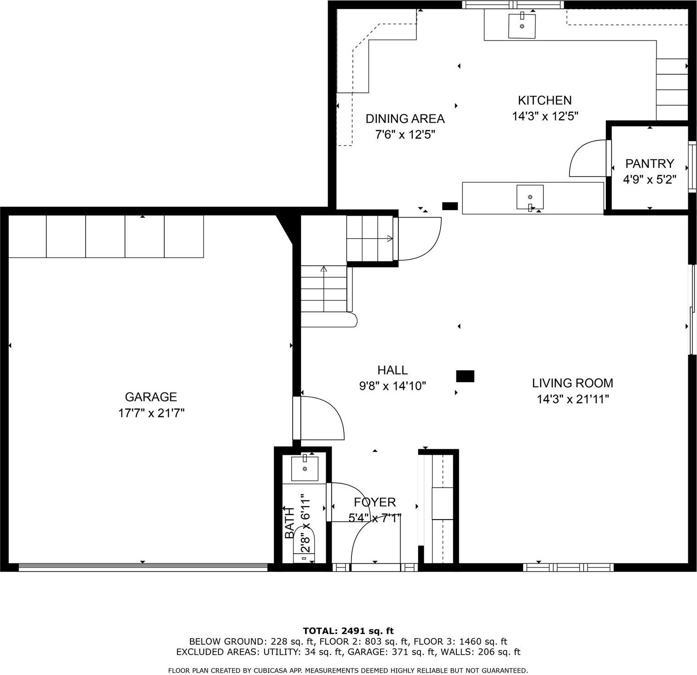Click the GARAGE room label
pyautogui.click(x=151, y=397)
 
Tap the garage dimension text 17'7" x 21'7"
pyautogui.click(x=151, y=413)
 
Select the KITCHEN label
pyautogui.click(x=545, y=100)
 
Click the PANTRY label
pyautogui.click(x=649, y=164)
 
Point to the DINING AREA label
pyautogui.click(x=405, y=119)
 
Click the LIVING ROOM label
pyautogui.click(x=572, y=383)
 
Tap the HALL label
pyautogui.click(x=392, y=370)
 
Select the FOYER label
pyautogui.click(x=374, y=502)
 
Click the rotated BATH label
pyautogui.click(x=289, y=523)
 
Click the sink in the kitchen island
pyautogui.click(x=530, y=197)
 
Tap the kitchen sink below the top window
pyautogui.click(x=522, y=26)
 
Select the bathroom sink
pyautogui.click(x=305, y=469)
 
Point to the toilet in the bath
pyautogui.click(x=304, y=545)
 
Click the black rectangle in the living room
pyautogui.click(x=465, y=376)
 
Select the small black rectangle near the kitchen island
pyautogui.click(x=449, y=206)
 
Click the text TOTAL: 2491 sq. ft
pyautogui.click(x=348, y=631)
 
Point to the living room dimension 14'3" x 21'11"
pyautogui.click(x=573, y=399)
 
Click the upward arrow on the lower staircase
pyautogui.click(x=324, y=269)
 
